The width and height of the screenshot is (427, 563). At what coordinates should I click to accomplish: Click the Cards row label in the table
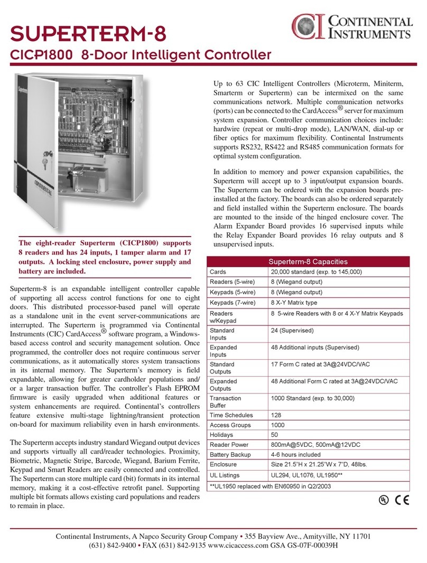[218, 271]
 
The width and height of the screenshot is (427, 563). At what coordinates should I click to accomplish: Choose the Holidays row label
[222, 435]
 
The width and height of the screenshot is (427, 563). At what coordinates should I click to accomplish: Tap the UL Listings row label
[224, 475]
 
